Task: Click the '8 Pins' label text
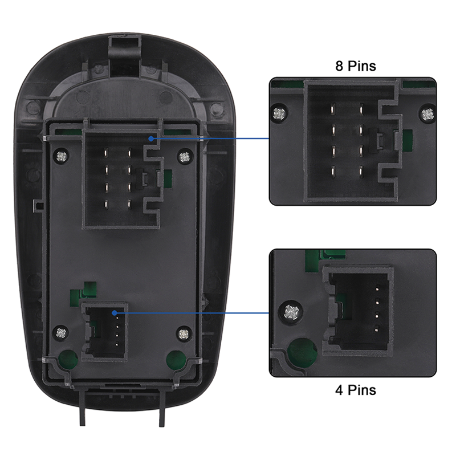coord(355,66)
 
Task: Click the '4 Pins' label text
coord(355,390)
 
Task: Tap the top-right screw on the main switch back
coord(183,156)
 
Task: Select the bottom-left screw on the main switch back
coord(62,331)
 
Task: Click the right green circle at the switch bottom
coord(175,359)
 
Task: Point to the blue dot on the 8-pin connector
coord(150,138)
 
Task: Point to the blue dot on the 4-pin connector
coord(115,312)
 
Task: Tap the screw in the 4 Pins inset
coord(292,312)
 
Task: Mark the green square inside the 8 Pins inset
coord(407,139)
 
